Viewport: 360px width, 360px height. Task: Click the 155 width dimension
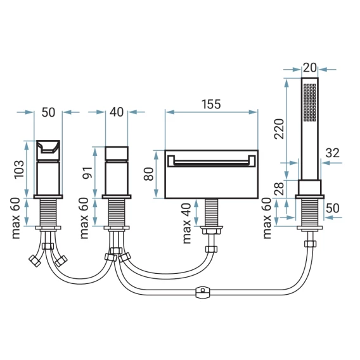[211, 104]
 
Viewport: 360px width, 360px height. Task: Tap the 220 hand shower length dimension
[280, 129]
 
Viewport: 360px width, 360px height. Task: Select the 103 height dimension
[19, 169]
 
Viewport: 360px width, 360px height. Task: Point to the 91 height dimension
[87, 172]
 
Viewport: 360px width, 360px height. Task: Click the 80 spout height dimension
[149, 174]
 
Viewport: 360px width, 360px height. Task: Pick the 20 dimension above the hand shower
[310, 68]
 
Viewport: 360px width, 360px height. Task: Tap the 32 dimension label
[333, 153]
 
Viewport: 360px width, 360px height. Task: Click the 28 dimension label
[280, 189]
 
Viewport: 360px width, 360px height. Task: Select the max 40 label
[187, 223]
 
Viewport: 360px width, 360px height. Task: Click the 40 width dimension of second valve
[117, 112]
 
